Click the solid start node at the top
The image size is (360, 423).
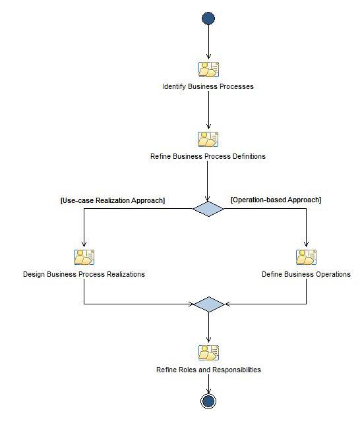tap(208, 18)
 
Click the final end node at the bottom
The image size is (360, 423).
tap(208, 401)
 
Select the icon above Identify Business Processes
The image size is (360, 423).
tap(208, 69)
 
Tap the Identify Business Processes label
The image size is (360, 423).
tap(208, 86)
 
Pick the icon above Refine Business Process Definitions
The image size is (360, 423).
tap(208, 139)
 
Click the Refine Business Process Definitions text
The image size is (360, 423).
tap(208, 157)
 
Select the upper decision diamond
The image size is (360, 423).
tap(208, 209)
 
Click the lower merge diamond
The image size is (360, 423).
tap(208, 304)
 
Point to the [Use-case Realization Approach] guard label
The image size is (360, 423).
tap(113, 200)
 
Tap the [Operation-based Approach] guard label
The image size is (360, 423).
tap(276, 200)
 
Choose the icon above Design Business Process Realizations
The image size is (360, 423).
tap(84, 257)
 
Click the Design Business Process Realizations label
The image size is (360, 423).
tap(84, 274)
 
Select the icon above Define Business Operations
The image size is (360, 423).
tap(306, 257)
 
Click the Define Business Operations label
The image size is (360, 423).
tap(306, 274)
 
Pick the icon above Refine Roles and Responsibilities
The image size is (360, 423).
tap(208, 352)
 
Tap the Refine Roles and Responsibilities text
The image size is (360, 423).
tap(208, 370)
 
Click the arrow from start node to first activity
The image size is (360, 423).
tap(208, 43)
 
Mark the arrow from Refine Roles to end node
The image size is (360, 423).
tap(208, 383)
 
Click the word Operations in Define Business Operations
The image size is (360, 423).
tap(333, 274)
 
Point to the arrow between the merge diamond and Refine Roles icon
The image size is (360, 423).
tap(208, 327)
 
